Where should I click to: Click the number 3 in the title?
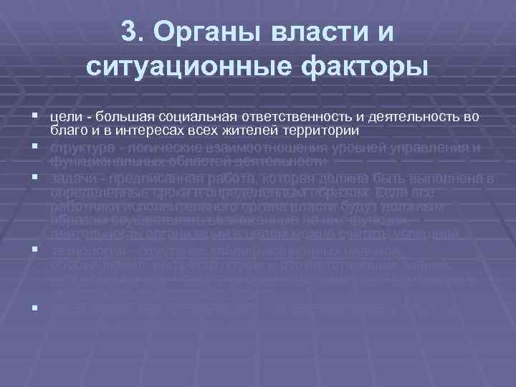130,32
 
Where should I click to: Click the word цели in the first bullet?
62,116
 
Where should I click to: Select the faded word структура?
80,148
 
